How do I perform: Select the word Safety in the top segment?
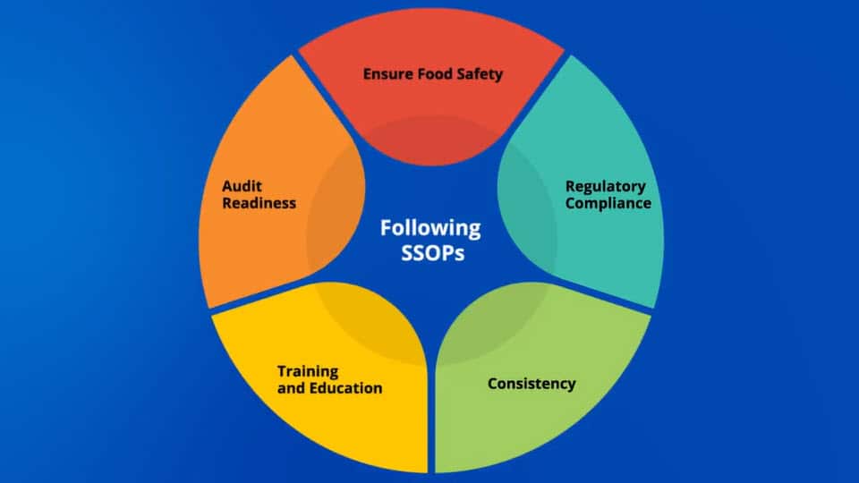coord(481,74)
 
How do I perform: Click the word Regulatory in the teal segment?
coord(605,186)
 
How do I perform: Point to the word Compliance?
coord(608,203)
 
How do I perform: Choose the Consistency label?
coord(532,384)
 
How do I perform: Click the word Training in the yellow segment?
coord(308,370)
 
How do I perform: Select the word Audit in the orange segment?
coord(242,186)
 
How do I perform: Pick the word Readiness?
coord(259,203)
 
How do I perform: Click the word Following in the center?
coord(430,228)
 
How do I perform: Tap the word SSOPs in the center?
coord(430,252)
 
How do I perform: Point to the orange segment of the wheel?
coord(259,250)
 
